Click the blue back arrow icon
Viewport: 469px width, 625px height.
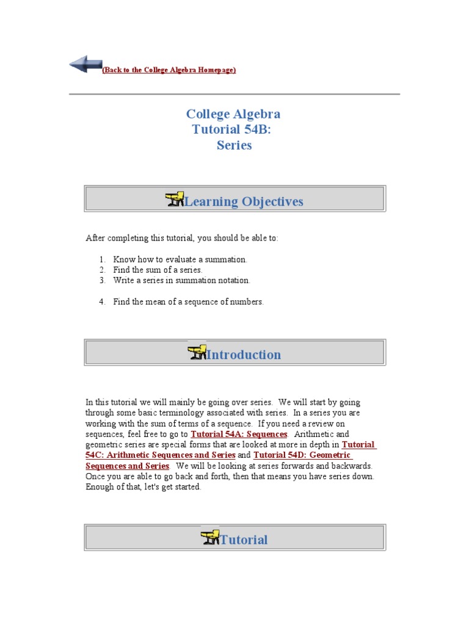click(85, 64)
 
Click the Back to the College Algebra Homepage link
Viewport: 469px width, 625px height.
click(169, 70)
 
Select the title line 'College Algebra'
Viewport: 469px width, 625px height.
click(233, 114)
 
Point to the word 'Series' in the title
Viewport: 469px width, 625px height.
click(234, 145)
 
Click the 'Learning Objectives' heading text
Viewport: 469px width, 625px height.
click(243, 201)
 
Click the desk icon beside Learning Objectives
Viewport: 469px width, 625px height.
click(175, 200)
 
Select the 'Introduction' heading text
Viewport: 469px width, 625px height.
click(244, 355)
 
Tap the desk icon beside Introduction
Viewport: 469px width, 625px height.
click(197, 353)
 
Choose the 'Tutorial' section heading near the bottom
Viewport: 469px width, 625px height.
click(243, 540)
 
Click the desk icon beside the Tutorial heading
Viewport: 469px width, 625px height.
click(209, 538)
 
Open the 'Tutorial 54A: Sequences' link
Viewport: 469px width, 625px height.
click(239, 434)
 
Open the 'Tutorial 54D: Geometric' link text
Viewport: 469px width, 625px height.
click(302, 455)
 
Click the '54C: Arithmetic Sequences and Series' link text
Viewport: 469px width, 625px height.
click(161, 455)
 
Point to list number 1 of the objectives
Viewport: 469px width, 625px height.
click(102, 259)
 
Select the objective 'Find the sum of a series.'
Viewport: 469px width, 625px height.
click(158, 270)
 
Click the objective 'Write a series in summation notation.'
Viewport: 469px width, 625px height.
click(181, 280)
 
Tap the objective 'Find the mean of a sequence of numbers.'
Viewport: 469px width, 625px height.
click(188, 302)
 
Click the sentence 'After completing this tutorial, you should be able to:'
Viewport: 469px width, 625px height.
click(181, 238)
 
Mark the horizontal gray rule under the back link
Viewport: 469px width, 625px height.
click(234, 94)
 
